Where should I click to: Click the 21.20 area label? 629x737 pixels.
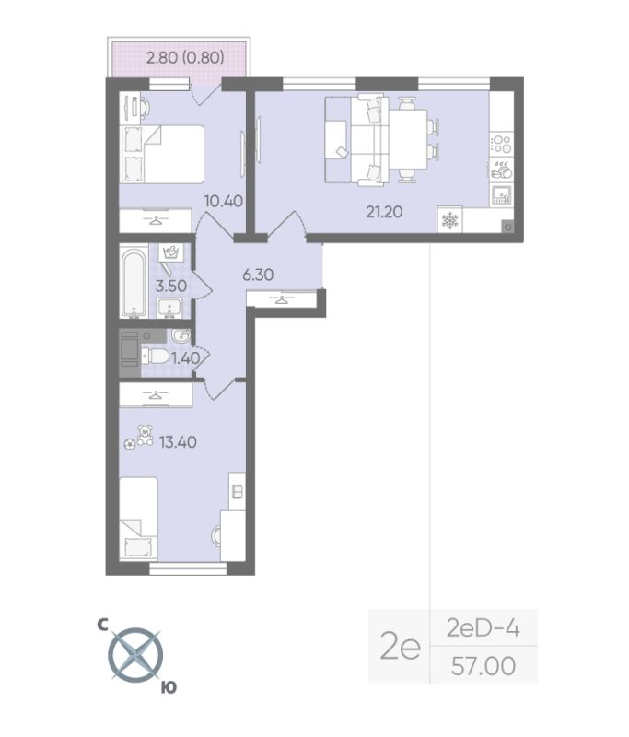click(x=385, y=211)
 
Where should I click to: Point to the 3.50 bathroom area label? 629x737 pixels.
click(x=171, y=286)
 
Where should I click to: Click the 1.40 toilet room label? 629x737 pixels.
click(x=186, y=357)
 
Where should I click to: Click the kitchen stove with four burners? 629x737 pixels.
click(x=502, y=144)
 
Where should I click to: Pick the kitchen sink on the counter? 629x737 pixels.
click(x=502, y=193)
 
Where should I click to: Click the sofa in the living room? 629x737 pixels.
click(x=355, y=140)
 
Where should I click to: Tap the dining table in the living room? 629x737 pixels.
click(x=405, y=140)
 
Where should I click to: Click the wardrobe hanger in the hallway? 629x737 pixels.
click(x=281, y=299)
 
